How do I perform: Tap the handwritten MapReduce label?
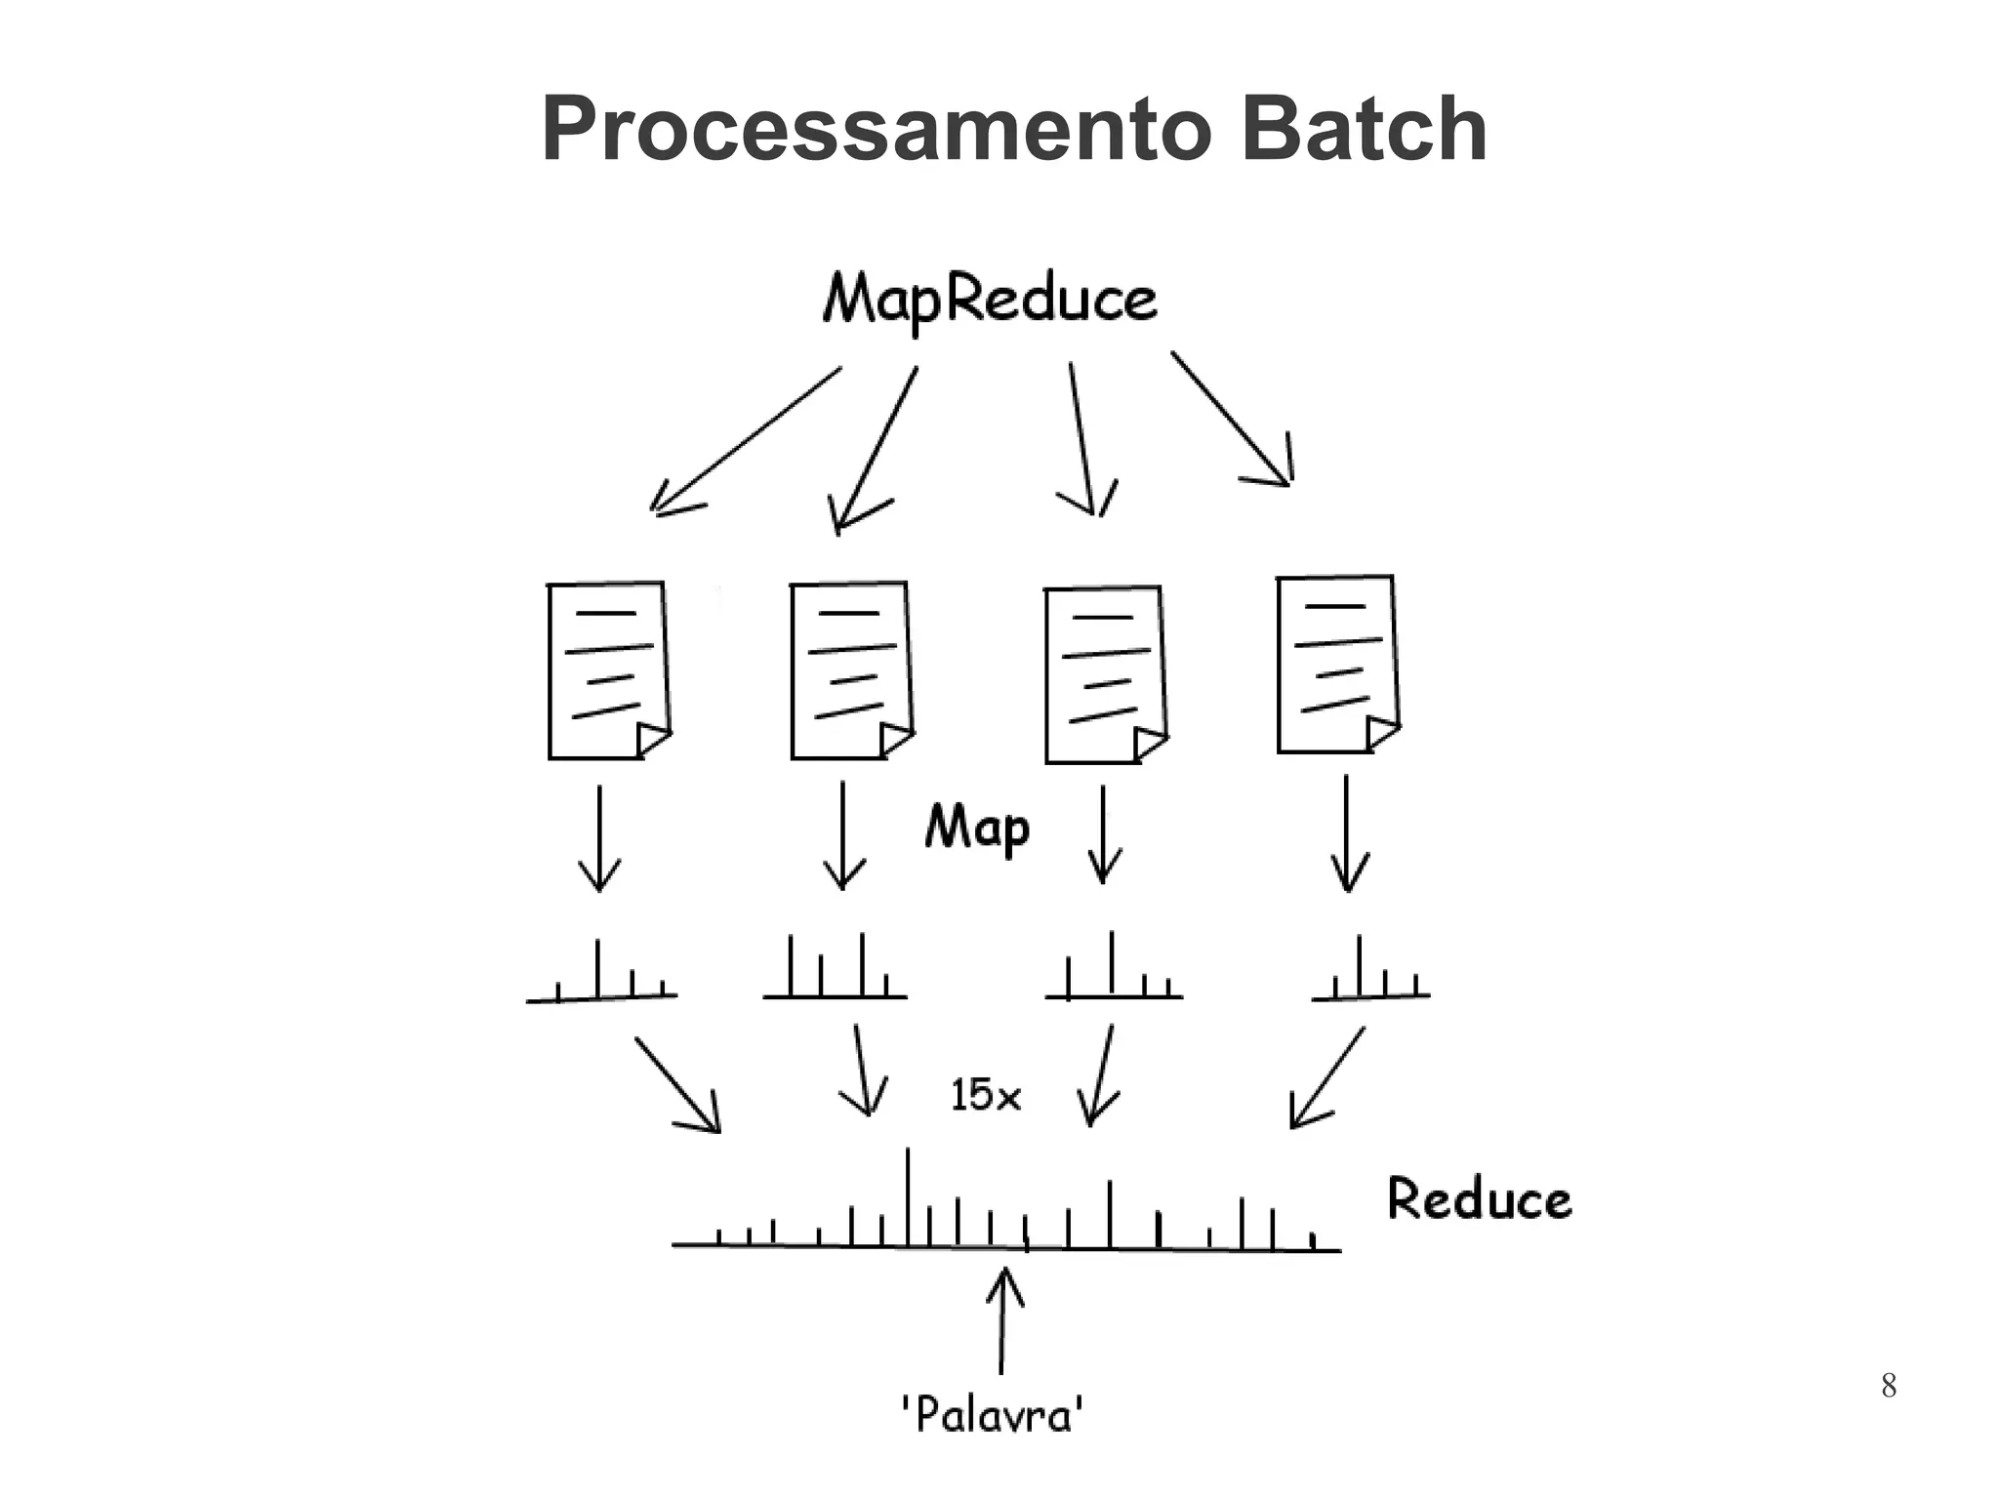(990, 299)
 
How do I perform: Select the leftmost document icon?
(608, 670)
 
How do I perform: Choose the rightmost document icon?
(1337, 665)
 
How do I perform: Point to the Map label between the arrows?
(977, 828)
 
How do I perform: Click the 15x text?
(985, 1095)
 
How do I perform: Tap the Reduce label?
(1479, 1199)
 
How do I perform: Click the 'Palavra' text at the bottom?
(992, 1414)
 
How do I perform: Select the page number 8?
(1888, 1385)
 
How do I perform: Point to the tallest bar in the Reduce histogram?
(909, 1198)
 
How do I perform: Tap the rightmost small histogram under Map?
(1370, 971)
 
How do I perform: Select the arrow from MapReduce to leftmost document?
(744, 440)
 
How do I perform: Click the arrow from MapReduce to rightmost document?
(1232, 420)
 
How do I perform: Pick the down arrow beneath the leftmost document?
(599, 838)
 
